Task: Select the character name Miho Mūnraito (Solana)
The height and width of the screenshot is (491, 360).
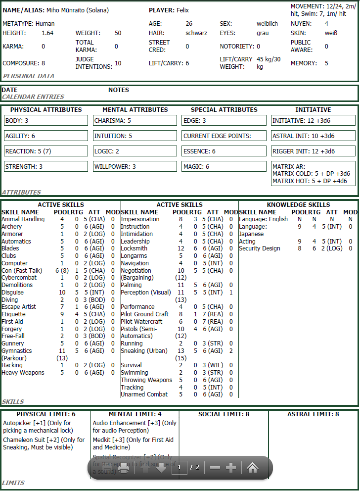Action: pyautogui.click(x=78, y=10)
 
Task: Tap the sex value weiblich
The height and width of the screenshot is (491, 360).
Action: pyautogui.click(x=267, y=24)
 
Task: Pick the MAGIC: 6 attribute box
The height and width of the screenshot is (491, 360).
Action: pyautogui.click(x=224, y=167)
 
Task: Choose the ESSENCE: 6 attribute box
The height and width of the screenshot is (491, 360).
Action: pyautogui.click(x=224, y=151)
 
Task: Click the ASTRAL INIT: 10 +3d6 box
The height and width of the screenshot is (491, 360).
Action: pyautogui.click(x=313, y=136)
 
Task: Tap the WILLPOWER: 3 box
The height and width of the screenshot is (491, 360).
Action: pyautogui.click(x=135, y=167)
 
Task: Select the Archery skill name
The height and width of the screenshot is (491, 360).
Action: pyautogui.click(x=11, y=227)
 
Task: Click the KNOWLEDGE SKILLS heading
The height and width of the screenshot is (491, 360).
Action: pyautogui.click(x=298, y=204)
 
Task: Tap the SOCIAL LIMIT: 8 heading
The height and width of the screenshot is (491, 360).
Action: pyautogui.click(x=224, y=414)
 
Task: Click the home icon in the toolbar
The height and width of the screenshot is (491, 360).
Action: pyautogui.click(x=253, y=468)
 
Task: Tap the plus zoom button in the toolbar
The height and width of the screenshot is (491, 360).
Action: pyautogui.click(x=230, y=468)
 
